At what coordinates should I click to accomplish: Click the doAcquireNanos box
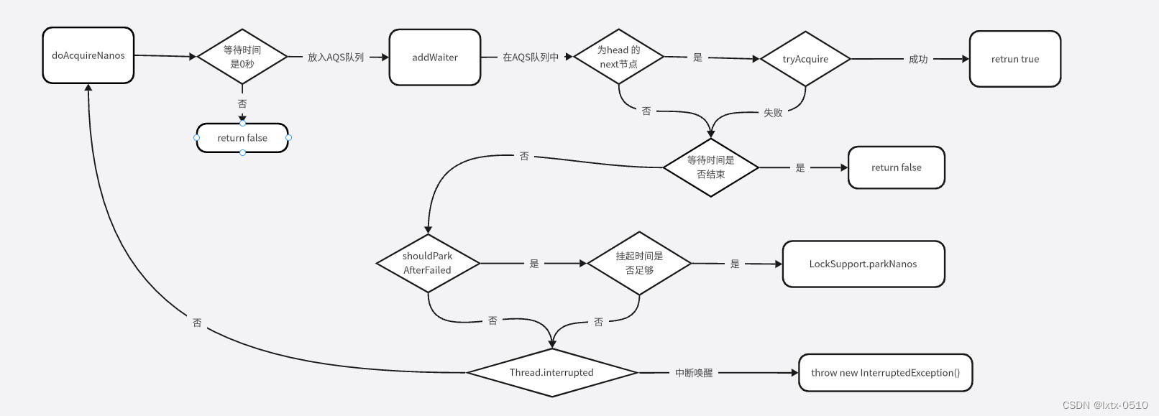(x=88, y=55)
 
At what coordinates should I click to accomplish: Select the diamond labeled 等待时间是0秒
(x=242, y=57)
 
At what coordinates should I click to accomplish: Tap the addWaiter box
(x=435, y=57)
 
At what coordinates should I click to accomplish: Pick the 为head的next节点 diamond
(x=618, y=57)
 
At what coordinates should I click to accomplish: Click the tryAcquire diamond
(x=805, y=59)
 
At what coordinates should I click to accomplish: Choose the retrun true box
(x=1014, y=59)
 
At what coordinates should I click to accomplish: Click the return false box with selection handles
(x=242, y=138)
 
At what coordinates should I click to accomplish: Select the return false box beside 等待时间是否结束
(x=896, y=167)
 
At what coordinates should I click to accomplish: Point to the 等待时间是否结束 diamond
(x=710, y=167)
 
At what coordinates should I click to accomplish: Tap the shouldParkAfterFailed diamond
(x=428, y=263)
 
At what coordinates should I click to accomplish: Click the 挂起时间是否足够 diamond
(x=639, y=263)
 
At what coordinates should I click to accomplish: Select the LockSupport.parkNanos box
(x=863, y=264)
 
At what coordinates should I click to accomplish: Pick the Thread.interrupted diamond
(x=551, y=372)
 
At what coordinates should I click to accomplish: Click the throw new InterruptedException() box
(x=885, y=372)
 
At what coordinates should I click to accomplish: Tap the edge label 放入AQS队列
(x=336, y=57)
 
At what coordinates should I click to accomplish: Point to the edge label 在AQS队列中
(x=531, y=57)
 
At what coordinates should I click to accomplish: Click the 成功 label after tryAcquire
(x=918, y=59)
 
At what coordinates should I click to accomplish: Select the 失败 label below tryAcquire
(x=773, y=113)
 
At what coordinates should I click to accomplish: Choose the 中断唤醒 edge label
(x=694, y=373)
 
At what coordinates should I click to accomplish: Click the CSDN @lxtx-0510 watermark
(x=1105, y=405)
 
